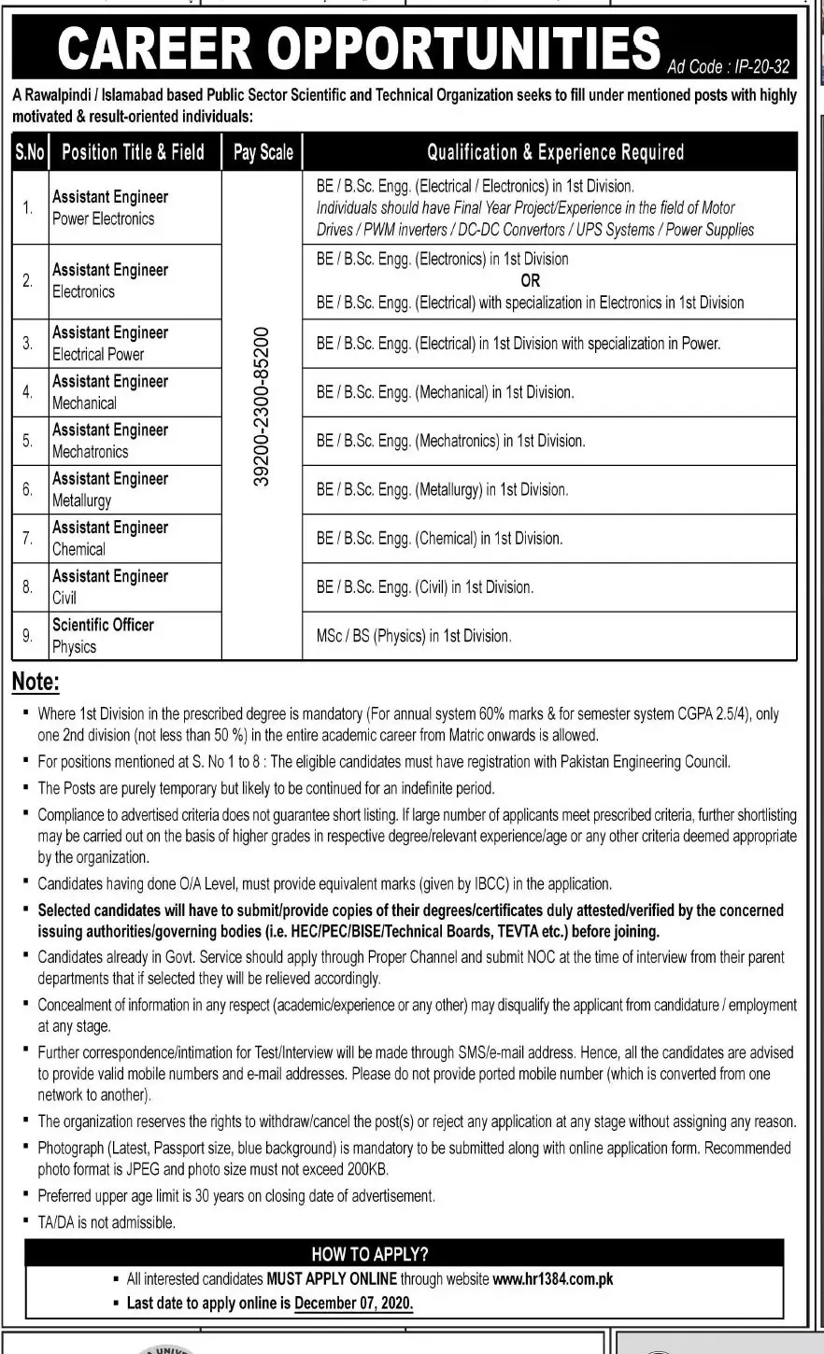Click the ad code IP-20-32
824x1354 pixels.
(729, 66)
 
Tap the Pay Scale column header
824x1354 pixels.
(263, 152)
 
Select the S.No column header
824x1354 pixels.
(30, 152)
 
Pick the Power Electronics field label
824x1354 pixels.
(103, 219)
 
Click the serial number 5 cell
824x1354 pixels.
(28, 441)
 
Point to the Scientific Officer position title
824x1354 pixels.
(103, 625)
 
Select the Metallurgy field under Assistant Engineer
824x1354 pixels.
(81, 501)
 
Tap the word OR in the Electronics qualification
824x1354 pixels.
(530, 280)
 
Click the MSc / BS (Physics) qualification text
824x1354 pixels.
(413, 636)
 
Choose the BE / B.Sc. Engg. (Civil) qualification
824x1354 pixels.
(424, 587)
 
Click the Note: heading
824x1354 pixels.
(35, 683)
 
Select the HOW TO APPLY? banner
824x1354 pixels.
(370, 1254)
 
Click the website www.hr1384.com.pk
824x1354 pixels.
(552, 1279)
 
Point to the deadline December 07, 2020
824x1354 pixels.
(353, 1303)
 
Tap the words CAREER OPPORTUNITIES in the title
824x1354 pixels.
(358, 49)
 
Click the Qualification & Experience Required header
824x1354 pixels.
(555, 152)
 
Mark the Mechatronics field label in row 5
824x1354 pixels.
(91, 452)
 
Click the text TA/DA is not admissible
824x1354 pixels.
(107, 1221)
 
